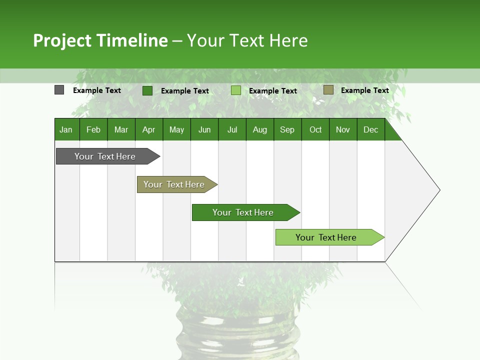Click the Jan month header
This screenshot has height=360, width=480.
pyautogui.click(x=66, y=129)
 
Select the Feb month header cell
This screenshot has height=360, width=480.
pyautogui.click(x=93, y=129)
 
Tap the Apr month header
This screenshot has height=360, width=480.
pyautogui.click(x=149, y=129)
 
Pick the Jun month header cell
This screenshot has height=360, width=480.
pyautogui.click(x=204, y=129)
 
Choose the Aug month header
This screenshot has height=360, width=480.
pyautogui.click(x=260, y=129)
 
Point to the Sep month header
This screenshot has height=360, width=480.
pyautogui.click(x=287, y=129)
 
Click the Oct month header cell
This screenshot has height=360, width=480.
pyautogui.click(x=315, y=129)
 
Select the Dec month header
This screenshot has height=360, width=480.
pyautogui.click(x=371, y=129)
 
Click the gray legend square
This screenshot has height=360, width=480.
pyautogui.click(x=59, y=90)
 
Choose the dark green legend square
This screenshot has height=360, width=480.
pyautogui.click(x=147, y=90)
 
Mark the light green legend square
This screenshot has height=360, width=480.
pyautogui.click(x=236, y=90)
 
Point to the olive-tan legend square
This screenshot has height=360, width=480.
pyautogui.click(x=328, y=90)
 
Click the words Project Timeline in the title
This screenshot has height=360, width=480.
pyautogui.click(x=100, y=40)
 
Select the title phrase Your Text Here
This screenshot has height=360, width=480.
pyautogui.click(x=247, y=40)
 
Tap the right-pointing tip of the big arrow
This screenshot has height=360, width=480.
pyautogui.click(x=438, y=190)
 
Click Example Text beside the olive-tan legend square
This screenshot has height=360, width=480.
pyautogui.click(x=365, y=90)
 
